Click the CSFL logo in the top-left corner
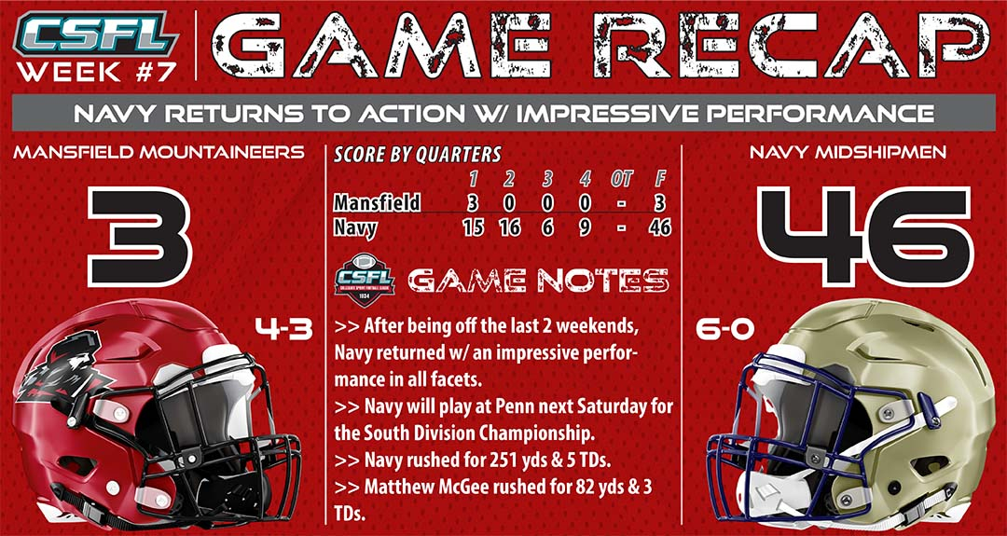(x=96, y=34)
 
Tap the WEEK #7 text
(x=96, y=71)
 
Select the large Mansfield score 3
(x=140, y=236)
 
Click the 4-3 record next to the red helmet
(x=283, y=329)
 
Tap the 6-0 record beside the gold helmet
(x=725, y=329)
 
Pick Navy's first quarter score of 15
(x=474, y=227)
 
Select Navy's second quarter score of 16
(x=511, y=227)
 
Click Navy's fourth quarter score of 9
(x=584, y=227)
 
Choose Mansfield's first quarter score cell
(x=474, y=203)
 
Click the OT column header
(x=621, y=178)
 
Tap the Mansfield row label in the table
(x=377, y=203)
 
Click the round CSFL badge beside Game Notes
(x=365, y=281)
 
